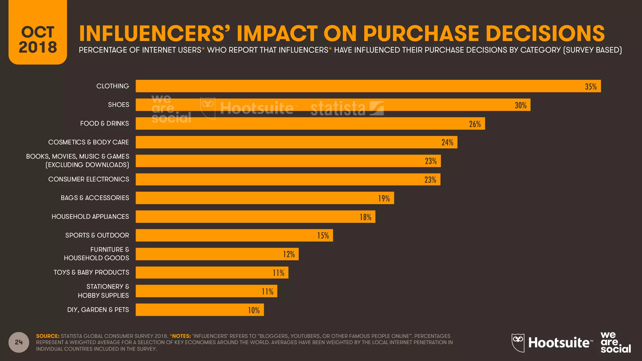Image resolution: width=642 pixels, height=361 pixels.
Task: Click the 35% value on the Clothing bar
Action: tap(591, 86)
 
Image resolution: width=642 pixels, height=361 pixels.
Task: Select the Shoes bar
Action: tap(332, 105)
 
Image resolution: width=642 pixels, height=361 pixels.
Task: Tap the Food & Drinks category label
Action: tap(104, 123)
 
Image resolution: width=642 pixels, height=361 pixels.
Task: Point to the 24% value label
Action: tap(447, 142)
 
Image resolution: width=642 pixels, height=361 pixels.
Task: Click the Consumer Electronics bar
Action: tap(288, 180)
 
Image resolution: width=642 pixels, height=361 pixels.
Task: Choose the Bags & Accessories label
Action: tap(95, 198)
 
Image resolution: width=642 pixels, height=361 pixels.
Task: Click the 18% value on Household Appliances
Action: tap(365, 217)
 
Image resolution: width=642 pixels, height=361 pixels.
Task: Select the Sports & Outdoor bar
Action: tap(234, 235)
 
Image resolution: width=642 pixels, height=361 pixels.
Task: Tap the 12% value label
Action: tap(289, 254)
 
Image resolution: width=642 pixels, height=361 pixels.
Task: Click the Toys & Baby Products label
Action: tap(91, 272)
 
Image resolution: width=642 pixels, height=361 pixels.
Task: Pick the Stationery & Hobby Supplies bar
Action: tap(206, 291)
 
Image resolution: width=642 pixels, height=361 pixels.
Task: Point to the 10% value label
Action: tap(254, 310)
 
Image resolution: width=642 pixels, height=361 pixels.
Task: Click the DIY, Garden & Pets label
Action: tap(98, 310)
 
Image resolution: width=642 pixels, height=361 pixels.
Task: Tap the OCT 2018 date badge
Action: tap(38, 39)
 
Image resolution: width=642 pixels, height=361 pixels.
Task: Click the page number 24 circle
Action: tap(19, 342)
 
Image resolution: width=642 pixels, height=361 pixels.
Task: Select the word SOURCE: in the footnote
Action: tap(48, 336)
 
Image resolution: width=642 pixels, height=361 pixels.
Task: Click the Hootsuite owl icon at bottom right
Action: tap(518, 343)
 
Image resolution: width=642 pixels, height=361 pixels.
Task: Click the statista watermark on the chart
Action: tap(346, 108)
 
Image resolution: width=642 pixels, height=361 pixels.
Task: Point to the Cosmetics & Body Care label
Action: tap(88, 142)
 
